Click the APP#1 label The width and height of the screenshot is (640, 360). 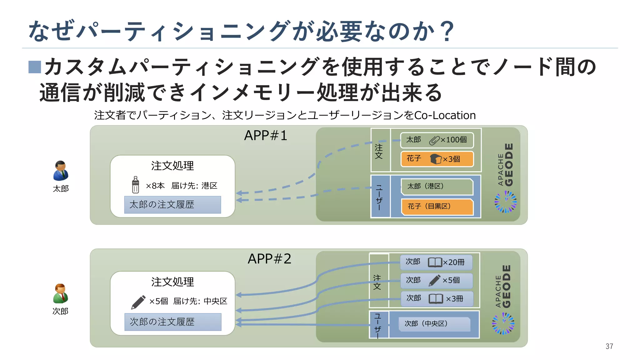click(266, 136)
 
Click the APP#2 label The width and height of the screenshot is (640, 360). click(269, 259)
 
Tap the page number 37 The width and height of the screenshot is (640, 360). click(609, 346)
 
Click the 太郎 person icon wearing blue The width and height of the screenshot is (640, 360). click(61, 171)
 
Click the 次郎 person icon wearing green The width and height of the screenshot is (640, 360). click(60, 294)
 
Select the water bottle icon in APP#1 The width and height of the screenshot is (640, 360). click(135, 185)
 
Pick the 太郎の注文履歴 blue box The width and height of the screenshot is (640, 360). click(172, 205)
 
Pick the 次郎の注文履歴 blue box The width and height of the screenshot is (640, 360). click(173, 322)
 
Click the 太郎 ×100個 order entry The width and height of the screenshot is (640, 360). click(437, 140)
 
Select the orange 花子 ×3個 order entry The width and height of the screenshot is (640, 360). click(437, 159)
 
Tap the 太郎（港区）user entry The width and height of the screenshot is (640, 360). click(437, 187)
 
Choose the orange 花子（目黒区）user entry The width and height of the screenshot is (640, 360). click(437, 206)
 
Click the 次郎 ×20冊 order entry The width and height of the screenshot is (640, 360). click(436, 262)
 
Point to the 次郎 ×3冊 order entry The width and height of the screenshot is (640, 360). click(437, 299)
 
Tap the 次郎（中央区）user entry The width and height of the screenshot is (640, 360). click(434, 324)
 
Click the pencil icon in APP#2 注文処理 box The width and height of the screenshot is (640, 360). click(138, 302)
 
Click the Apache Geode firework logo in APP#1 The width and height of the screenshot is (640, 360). click(505, 202)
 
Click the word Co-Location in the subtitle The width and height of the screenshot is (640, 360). click(445, 115)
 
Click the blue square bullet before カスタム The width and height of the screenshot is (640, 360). click(35, 67)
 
